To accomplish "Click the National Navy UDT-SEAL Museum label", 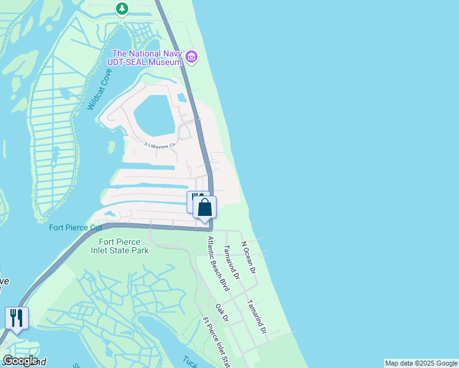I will pyautogui.click(x=147, y=57).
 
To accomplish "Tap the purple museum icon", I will pyautogui.click(x=191, y=57).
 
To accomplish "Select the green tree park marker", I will pyautogui.click(x=122, y=9).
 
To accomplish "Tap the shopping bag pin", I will pyautogui.click(x=205, y=207).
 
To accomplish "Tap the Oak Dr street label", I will pyautogui.click(x=222, y=312).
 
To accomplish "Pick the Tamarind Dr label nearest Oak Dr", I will pyautogui.click(x=257, y=316).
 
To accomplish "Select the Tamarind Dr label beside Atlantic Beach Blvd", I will pyautogui.click(x=231, y=261).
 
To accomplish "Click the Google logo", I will pyautogui.click(x=20, y=361).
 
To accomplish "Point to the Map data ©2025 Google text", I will pyautogui.click(x=421, y=363).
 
